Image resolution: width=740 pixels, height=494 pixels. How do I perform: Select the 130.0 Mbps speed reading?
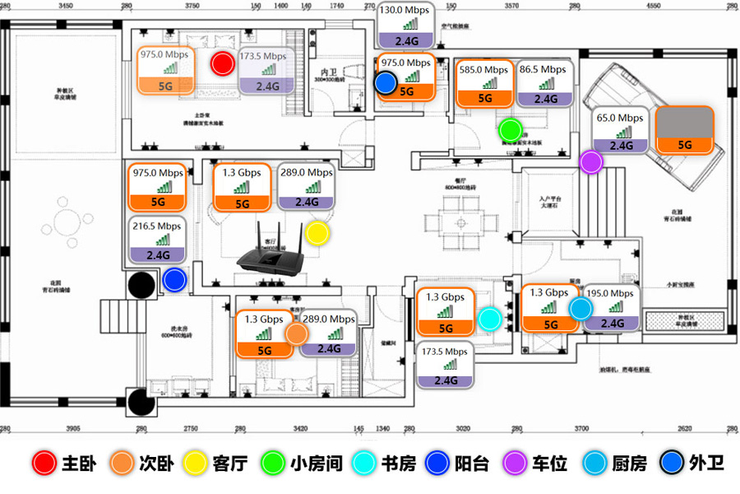404,11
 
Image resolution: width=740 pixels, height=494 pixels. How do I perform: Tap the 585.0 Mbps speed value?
484,70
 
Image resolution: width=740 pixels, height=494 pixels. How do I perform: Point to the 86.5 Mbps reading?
543,70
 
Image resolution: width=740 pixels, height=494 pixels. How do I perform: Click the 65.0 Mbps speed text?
620,118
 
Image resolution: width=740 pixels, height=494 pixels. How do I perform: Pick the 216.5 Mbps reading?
156,226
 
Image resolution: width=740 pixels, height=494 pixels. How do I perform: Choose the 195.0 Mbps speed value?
610,294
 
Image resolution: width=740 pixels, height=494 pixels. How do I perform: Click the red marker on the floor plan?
221,63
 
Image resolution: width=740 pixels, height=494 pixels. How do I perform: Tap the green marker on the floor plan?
511,129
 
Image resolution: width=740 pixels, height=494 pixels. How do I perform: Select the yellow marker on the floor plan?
317,233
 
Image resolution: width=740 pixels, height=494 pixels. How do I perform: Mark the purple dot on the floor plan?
590,162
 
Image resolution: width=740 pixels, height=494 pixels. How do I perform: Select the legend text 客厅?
230,464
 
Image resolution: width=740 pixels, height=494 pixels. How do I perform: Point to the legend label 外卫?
707,464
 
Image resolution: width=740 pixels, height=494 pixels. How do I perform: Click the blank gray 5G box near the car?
684,128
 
